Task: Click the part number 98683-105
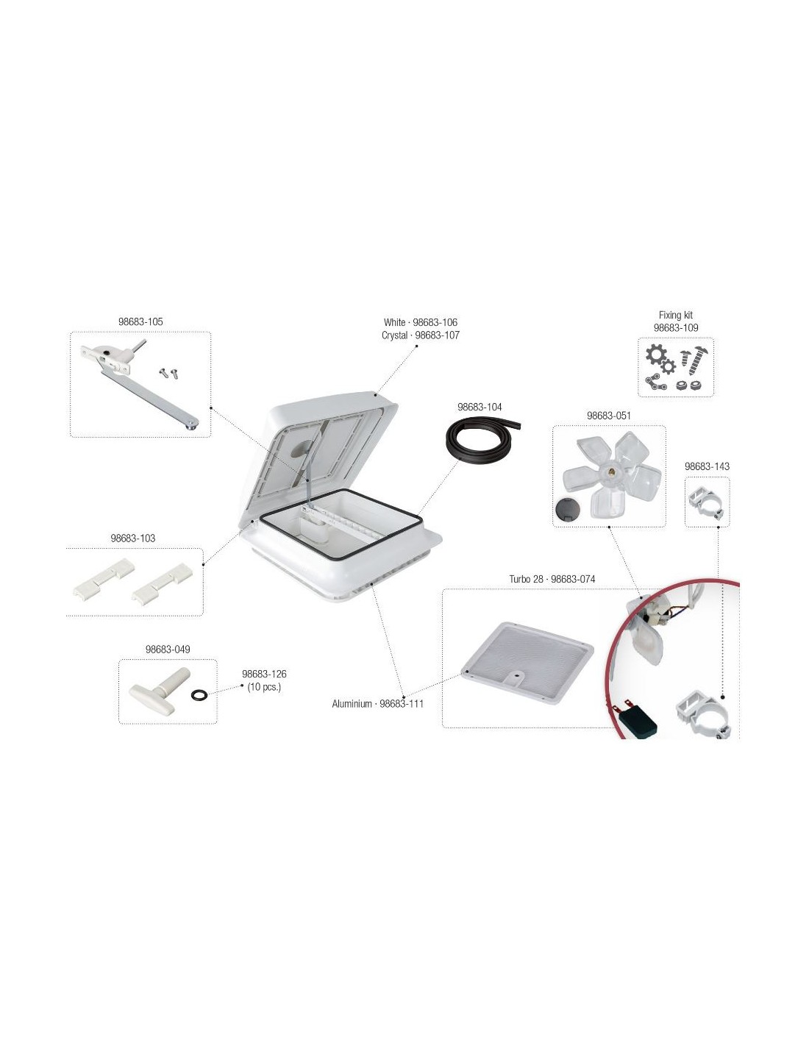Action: point(140,321)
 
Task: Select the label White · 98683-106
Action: point(420,322)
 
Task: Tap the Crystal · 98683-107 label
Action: point(420,335)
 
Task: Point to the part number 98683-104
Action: point(480,407)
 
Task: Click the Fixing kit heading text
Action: point(675,315)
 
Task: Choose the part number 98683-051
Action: point(608,416)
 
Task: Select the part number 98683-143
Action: point(707,466)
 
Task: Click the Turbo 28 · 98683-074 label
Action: point(552,579)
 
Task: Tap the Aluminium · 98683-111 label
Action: point(377,703)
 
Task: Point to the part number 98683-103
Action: point(133,538)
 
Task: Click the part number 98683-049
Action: point(168,649)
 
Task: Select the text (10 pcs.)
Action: point(264,686)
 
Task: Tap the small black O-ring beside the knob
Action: point(199,694)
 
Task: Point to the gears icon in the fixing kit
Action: point(660,360)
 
